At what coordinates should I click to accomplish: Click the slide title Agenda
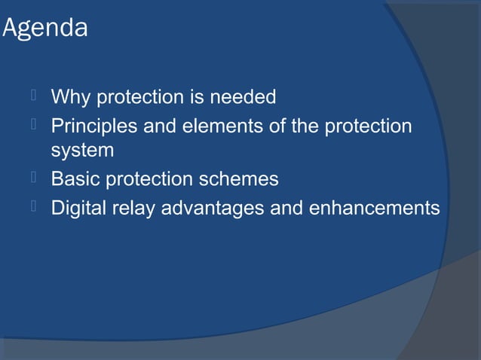point(45,29)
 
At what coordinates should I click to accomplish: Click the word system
point(82,151)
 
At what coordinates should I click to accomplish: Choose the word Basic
point(73,180)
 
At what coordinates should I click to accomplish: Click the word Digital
point(76,207)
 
